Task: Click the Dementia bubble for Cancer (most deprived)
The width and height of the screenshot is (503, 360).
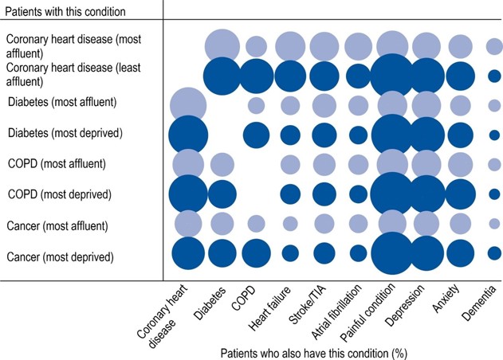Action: [x=494, y=253]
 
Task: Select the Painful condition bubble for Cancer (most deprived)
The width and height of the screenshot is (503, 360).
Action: [x=392, y=253]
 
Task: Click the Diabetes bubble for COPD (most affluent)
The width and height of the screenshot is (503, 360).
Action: [x=222, y=165]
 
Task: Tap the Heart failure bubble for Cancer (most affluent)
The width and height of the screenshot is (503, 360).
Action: [x=290, y=223]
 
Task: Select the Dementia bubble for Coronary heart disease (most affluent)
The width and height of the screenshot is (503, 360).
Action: [x=494, y=47]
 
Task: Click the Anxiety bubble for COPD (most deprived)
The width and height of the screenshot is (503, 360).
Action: [x=461, y=194]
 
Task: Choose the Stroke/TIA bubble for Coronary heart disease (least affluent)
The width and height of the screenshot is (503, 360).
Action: [x=324, y=76]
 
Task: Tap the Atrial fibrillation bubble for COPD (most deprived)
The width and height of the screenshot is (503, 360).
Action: [x=359, y=194]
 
